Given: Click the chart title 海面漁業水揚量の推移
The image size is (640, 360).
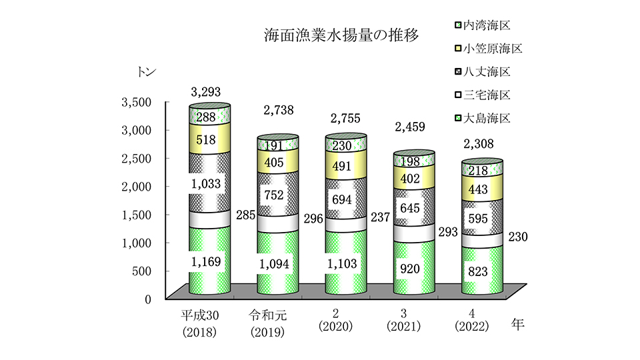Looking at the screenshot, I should [341, 35].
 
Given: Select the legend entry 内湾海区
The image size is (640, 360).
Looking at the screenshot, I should [482, 25].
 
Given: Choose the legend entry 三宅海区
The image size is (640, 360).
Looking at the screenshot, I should [482, 95].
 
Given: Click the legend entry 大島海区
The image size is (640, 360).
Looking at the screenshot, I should [482, 118].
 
